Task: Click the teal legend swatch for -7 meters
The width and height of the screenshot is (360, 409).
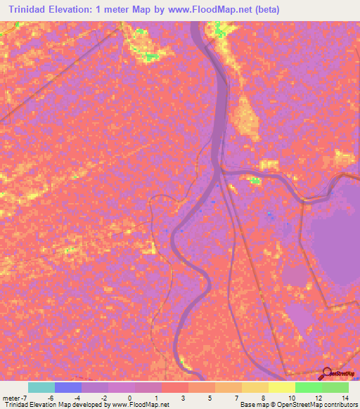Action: (41, 387)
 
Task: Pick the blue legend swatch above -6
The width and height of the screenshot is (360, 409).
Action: (67, 387)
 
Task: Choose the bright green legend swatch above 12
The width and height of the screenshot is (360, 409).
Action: (308, 387)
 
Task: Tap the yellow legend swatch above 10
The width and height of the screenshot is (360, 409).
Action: (281, 387)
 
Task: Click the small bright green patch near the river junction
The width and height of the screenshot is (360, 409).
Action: (255, 181)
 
